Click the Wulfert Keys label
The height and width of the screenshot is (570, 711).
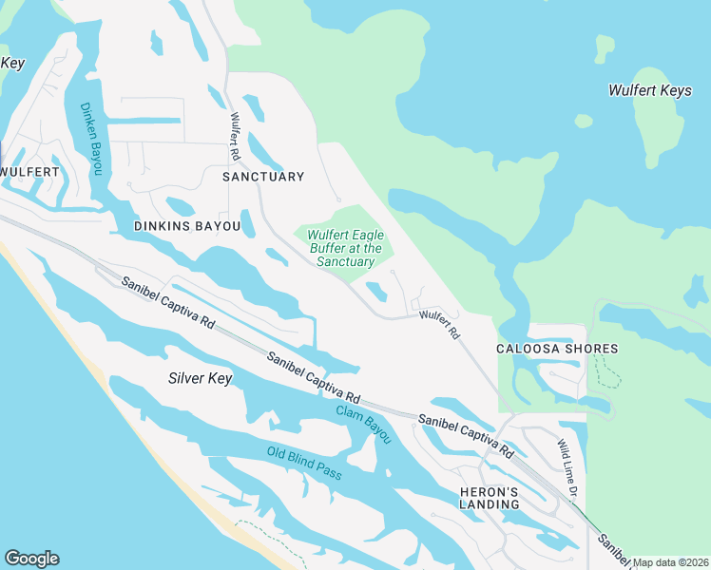(x=649, y=90)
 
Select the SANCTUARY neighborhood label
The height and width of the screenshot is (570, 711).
(x=263, y=177)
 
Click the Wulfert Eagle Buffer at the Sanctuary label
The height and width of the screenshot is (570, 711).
(x=345, y=248)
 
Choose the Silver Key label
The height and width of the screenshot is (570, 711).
(x=200, y=378)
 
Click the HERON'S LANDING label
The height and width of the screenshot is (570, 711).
(x=490, y=498)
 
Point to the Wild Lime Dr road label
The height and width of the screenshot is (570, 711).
(x=567, y=469)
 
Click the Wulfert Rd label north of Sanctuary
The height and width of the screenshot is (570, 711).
(x=234, y=137)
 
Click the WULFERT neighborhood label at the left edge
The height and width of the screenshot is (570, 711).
(x=29, y=172)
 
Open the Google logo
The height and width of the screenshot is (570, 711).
(x=31, y=559)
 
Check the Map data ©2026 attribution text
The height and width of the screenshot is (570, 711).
(x=670, y=562)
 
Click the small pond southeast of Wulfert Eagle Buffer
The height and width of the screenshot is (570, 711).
(x=377, y=291)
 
